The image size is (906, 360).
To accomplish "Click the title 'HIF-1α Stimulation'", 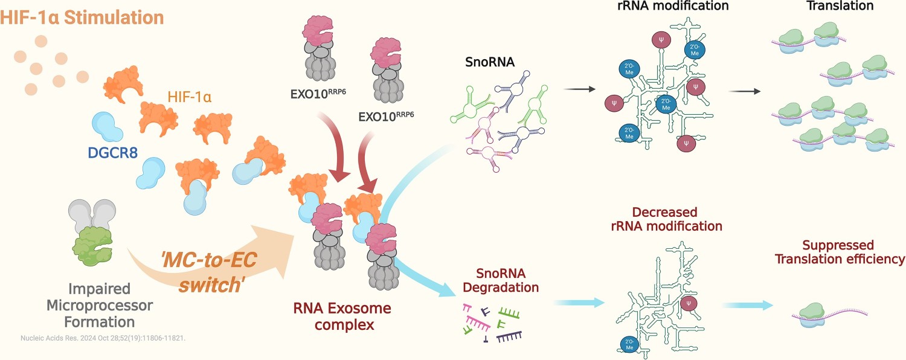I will tap(82, 18).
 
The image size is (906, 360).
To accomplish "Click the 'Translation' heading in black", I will tap(840, 7).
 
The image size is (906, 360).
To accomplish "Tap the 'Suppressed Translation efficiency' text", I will tap(840, 252).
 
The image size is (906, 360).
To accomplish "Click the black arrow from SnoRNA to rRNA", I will tap(579, 89).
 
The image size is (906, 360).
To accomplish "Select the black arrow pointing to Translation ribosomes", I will tap(745, 92).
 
